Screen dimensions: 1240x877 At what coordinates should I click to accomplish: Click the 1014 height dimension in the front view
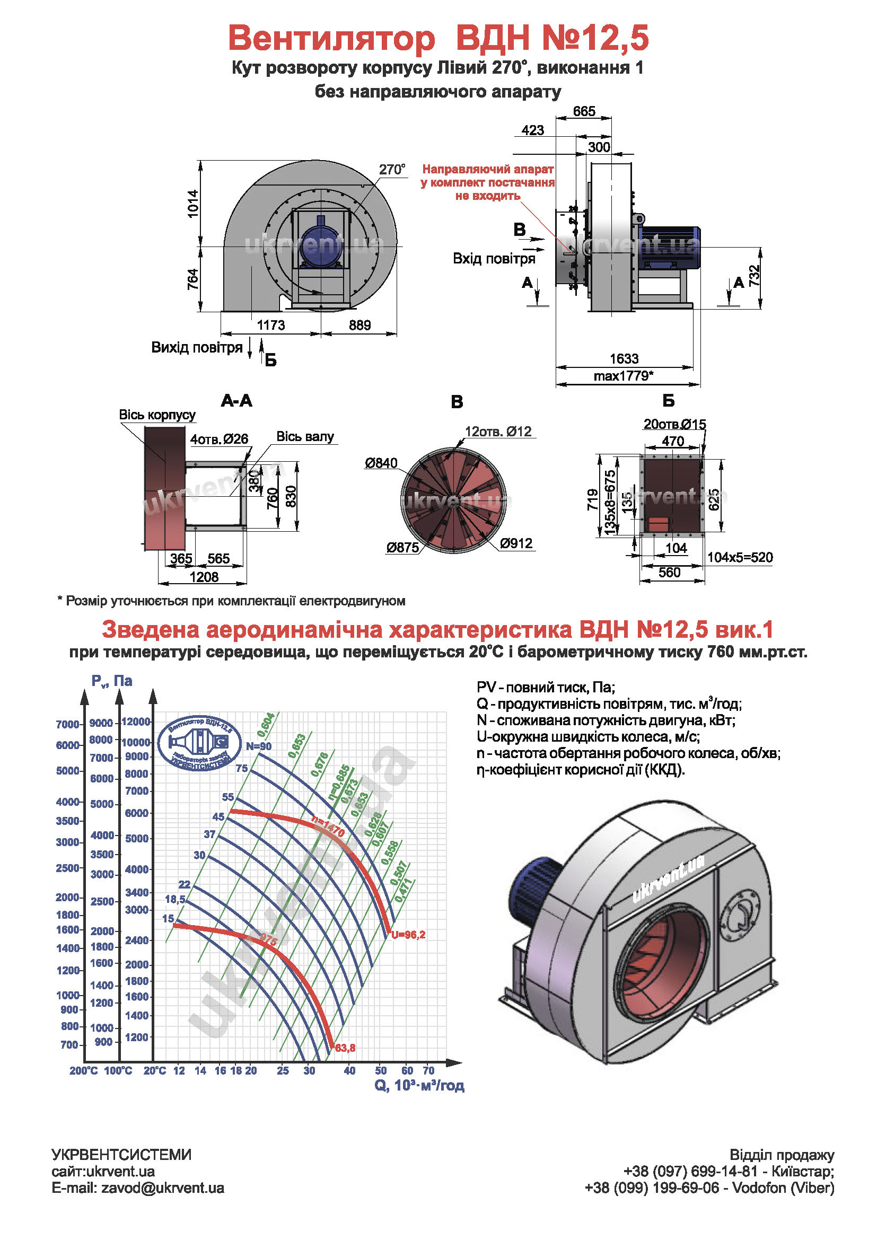click(x=193, y=204)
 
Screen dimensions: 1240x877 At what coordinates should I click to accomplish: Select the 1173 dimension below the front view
click(x=270, y=325)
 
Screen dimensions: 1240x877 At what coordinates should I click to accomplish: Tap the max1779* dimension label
click(x=624, y=376)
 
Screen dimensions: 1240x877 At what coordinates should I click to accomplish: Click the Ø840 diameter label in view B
click(x=381, y=463)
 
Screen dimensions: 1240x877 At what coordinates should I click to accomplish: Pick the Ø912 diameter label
click(x=516, y=543)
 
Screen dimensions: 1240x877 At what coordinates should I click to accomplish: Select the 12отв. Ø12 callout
click(x=498, y=432)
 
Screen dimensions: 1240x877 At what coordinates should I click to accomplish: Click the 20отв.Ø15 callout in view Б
click(x=674, y=425)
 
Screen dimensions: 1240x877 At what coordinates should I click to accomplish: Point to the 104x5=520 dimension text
click(x=740, y=557)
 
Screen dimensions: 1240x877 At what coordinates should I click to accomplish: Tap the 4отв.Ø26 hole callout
click(x=218, y=439)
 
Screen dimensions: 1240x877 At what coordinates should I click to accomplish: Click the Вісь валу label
click(x=305, y=436)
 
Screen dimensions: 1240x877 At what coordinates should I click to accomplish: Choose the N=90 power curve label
click(x=259, y=746)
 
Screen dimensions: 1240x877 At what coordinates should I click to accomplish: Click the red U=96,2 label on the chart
click(x=409, y=935)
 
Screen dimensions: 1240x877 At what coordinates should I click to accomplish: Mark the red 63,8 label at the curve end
click(x=345, y=1048)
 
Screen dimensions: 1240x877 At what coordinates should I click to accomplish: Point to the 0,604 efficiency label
click(x=266, y=725)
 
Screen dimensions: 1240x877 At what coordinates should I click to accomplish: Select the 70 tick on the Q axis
click(x=428, y=1070)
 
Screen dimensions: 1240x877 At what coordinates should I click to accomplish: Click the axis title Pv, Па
click(x=112, y=681)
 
